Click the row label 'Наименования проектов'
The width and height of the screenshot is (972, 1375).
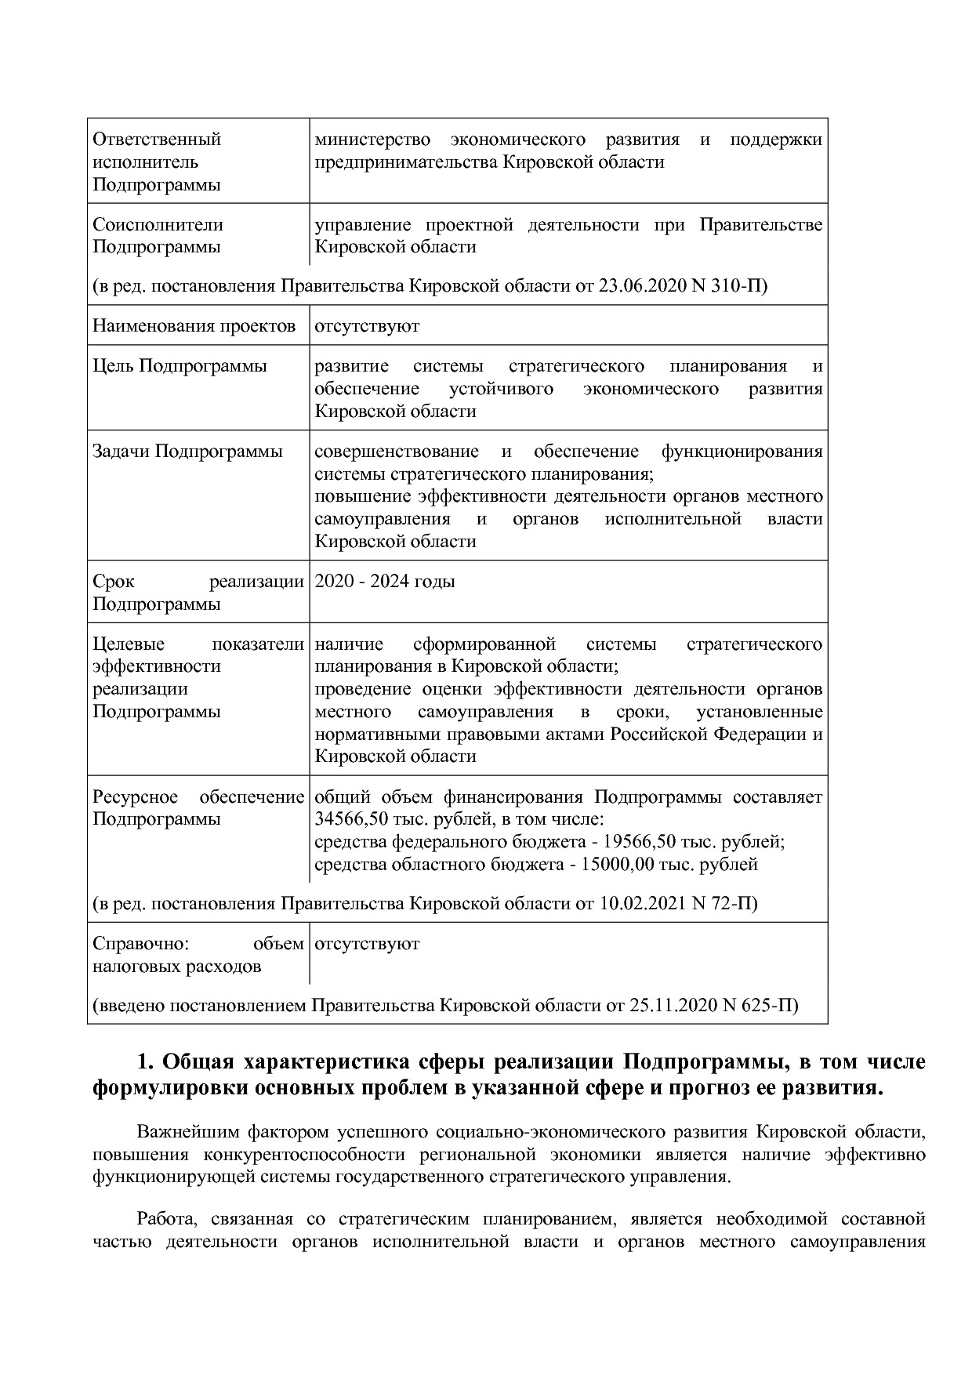[x=194, y=325]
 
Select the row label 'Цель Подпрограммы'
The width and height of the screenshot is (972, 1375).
[x=180, y=366]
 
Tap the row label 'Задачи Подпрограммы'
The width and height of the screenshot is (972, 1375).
[x=187, y=452]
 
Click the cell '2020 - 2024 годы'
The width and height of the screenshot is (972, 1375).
[x=384, y=582]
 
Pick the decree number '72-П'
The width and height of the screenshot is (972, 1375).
[x=734, y=904]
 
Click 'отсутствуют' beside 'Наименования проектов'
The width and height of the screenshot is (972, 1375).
[x=367, y=325]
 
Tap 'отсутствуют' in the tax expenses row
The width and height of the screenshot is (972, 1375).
[x=367, y=944]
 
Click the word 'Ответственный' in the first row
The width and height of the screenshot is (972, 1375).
[x=157, y=140]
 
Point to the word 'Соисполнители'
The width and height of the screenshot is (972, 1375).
[x=158, y=225]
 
